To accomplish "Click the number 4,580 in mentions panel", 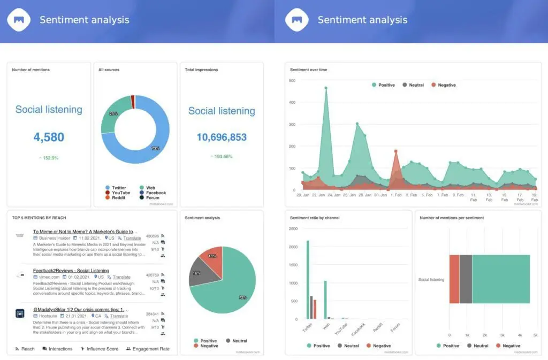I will click(49, 137).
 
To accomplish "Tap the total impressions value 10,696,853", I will click(222, 137).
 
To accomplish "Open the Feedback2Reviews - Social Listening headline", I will click(71, 271).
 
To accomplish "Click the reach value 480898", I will click(152, 235).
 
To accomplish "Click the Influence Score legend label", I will click(102, 349).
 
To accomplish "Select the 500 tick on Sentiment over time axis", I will click(292, 80).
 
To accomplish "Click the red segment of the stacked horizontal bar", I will click(454, 279).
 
